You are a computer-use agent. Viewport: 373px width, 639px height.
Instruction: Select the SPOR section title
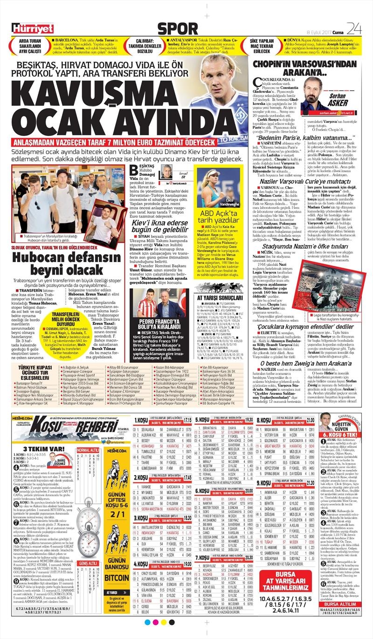tap(178, 28)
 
